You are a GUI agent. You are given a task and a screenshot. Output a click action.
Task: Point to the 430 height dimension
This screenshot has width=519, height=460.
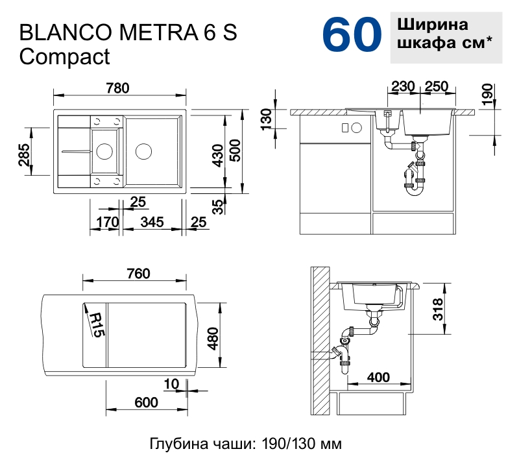coord(219,155)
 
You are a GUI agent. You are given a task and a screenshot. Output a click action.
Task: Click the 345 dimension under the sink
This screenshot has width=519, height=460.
coord(151,223)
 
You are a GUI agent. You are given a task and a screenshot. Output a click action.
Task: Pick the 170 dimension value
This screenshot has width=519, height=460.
coord(107,223)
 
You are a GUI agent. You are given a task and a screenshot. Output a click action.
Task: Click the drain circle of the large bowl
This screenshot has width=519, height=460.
coord(143,152)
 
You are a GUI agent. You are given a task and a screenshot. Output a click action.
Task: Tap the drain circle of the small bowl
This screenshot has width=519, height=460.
coord(104,152)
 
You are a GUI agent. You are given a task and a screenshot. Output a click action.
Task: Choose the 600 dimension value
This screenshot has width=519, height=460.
coord(147,402)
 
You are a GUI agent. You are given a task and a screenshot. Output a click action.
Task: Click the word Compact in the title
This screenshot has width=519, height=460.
coord(65,57)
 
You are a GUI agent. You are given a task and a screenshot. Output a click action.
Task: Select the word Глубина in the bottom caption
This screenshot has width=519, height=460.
coord(175,444)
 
